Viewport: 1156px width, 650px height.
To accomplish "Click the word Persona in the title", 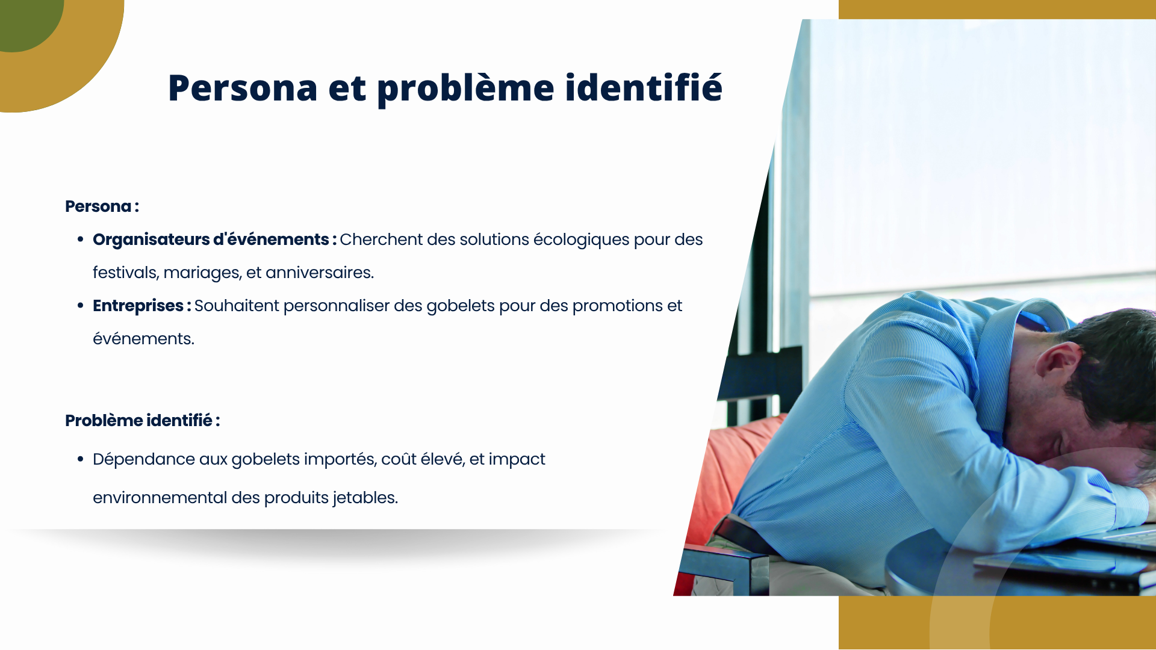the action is click(x=243, y=88).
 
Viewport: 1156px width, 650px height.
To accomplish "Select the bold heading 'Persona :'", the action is click(x=102, y=206).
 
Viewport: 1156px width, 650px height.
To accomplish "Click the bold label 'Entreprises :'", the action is click(x=142, y=306).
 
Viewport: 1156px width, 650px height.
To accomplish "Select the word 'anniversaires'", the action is click(x=320, y=273).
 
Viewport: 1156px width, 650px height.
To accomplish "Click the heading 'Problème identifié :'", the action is click(x=143, y=420).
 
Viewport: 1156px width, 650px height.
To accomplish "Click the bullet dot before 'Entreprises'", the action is click(x=80, y=306).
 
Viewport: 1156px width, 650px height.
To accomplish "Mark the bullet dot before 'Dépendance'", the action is click(x=80, y=459).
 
